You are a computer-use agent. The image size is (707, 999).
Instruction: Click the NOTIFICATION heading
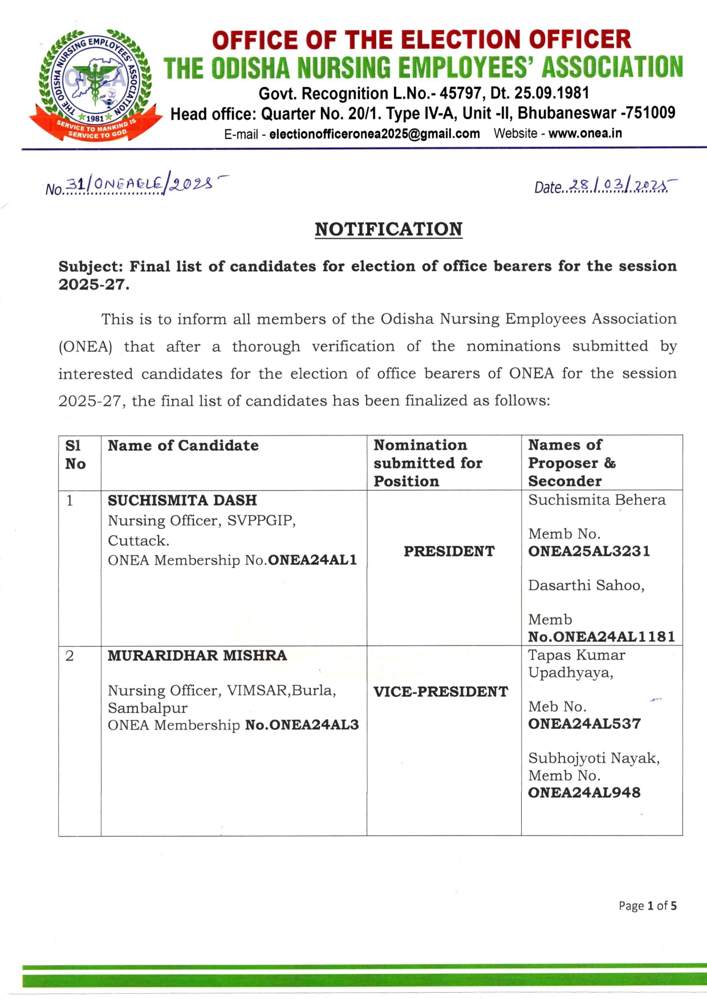(388, 229)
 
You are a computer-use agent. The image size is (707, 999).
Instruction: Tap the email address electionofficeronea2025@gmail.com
(374, 134)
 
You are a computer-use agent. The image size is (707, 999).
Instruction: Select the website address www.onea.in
(585, 133)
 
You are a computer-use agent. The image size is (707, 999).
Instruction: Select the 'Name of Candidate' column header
(183, 446)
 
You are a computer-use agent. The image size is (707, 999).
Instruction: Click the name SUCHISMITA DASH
(182, 500)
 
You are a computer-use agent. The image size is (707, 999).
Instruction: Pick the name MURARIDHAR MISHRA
(197, 655)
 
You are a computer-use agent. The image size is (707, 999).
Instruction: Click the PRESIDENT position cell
(449, 551)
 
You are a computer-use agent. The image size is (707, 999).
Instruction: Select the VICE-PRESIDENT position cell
(441, 691)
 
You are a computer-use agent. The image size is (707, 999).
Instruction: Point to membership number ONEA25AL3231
(589, 551)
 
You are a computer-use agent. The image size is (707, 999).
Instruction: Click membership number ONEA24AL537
(584, 724)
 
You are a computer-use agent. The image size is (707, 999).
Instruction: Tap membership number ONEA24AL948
(584, 793)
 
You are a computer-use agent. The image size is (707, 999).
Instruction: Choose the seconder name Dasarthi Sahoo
(586, 585)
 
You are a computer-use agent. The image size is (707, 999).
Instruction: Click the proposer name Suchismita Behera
(596, 500)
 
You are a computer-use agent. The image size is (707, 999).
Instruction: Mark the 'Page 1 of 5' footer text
(648, 906)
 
